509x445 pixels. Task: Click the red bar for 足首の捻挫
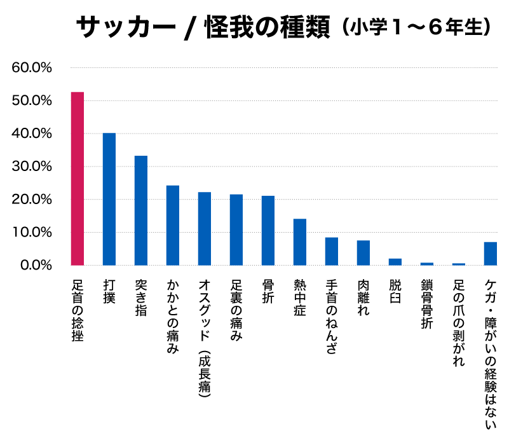(x=78, y=179)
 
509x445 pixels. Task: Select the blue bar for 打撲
(x=109, y=199)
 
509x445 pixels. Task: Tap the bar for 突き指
(x=141, y=210)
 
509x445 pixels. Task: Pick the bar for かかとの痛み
(x=173, y=225)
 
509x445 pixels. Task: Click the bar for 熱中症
(x=300, y=242)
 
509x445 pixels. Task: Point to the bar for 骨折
(x=268, y=230)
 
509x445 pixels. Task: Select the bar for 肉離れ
(x=363, y=252)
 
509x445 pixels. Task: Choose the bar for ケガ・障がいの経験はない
(x=491, y=253)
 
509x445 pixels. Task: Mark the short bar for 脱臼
(x=395, y=261)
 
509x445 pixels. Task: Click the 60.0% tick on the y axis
(x=32, y=67)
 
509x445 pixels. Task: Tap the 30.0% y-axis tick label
(x=32, y=167)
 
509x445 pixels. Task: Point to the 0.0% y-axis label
(x=35, y=265)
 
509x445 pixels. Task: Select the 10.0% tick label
(x=32, y=232)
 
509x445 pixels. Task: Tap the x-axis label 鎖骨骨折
(x=426, y=305)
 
